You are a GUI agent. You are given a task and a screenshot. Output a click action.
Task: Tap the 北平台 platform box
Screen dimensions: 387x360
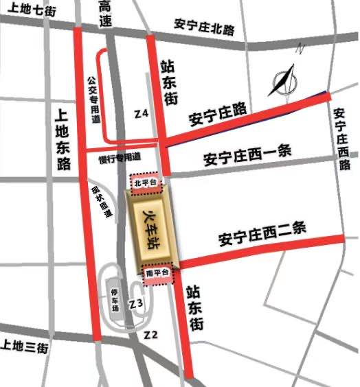point(145,183)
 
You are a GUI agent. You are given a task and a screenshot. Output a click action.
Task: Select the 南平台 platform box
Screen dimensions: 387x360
point(159,273)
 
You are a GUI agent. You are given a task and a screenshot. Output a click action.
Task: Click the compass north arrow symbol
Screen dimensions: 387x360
point(284,80)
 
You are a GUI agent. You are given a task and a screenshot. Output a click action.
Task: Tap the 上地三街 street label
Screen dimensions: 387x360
point(24,347)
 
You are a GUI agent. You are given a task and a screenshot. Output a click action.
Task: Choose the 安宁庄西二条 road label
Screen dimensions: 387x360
point(262,234)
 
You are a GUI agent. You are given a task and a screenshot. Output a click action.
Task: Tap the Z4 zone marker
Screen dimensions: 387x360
point(142,113)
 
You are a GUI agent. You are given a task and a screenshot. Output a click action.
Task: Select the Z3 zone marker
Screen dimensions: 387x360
point(137,303)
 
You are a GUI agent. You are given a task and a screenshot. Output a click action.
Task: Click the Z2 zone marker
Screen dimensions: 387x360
point(152,335)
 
